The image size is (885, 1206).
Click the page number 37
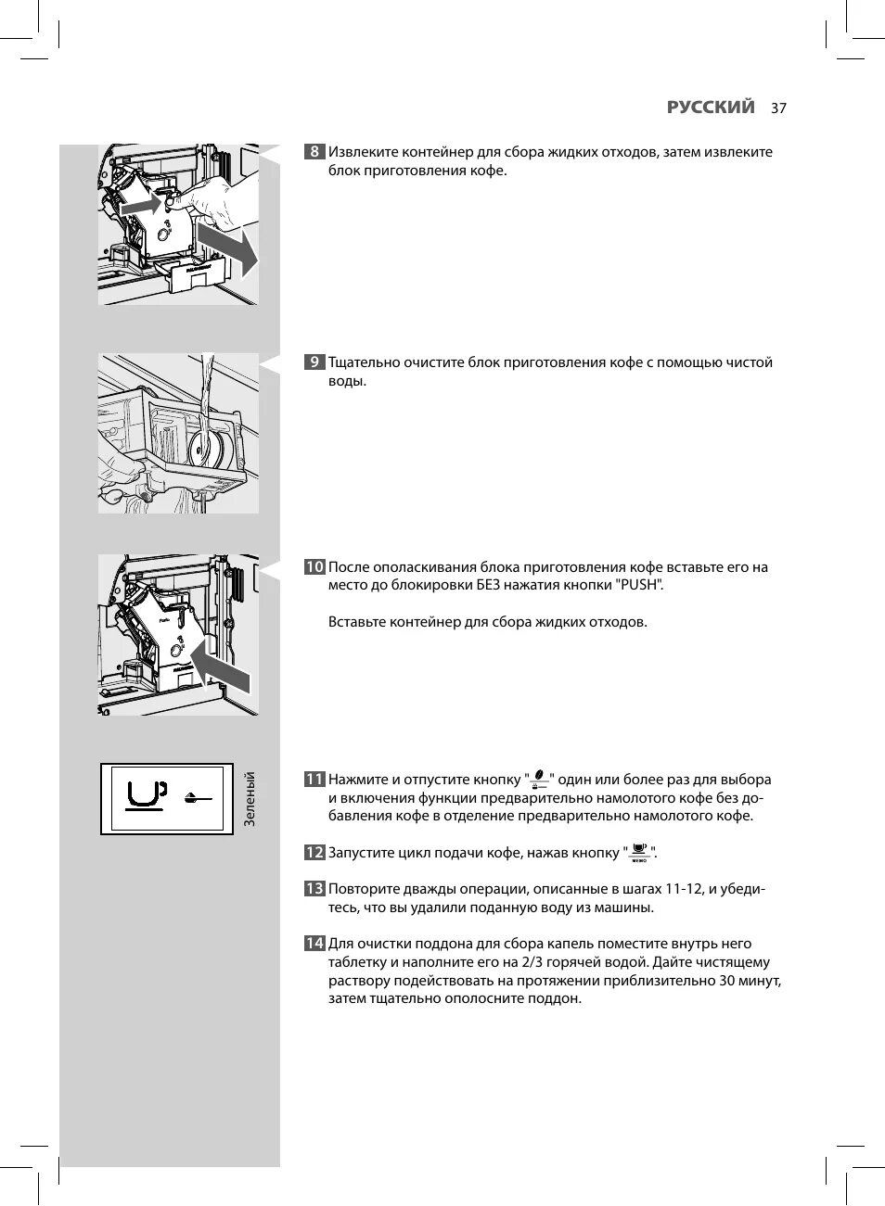pos(777,108)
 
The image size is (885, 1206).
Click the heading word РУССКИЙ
pos(711,107)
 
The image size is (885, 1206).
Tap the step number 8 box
pos(314,152)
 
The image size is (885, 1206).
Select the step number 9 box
pos(314,362)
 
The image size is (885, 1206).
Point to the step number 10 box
pos(314,567)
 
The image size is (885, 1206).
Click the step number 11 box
pos(314,780)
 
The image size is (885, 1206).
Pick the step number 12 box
pos(314,853)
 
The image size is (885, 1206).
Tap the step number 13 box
pos(314,889)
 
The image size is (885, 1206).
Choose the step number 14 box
pos(314,944)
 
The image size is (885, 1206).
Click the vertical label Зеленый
pos(249,799)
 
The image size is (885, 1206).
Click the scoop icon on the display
pos(196,797)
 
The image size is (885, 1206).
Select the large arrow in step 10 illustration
pos(221,667)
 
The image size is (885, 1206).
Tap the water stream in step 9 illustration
pos(207,389)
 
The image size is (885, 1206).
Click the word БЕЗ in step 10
pos(490,585)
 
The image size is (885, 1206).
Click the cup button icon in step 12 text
pos(638,853)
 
